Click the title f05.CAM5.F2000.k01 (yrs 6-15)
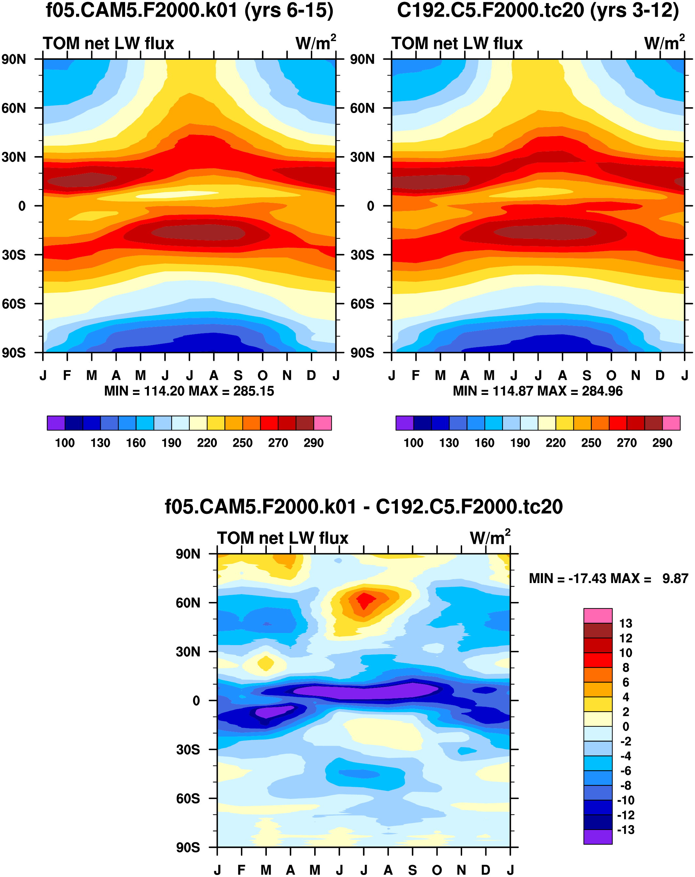pos(189,10)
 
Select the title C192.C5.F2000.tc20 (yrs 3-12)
pos(538,10)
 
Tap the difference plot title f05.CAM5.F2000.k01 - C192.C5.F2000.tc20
pos(364,506)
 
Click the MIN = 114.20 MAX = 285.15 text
pos(189,391)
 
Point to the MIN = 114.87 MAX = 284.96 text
pos(538,391)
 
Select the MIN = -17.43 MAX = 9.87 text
pos(608,578)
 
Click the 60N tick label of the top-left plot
pos(14,108)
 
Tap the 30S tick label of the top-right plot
pos(362,255)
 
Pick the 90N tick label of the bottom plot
pos(188,554)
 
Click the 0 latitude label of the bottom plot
pos(196,701)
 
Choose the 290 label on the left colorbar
pos(314,443)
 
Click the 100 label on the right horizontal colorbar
pos(413,443)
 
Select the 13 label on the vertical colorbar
pos(625,623)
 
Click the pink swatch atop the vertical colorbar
pos(598,616)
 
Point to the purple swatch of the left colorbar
pos(56,423)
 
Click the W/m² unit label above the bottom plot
pos(490,538)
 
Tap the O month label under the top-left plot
pos(263,375)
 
